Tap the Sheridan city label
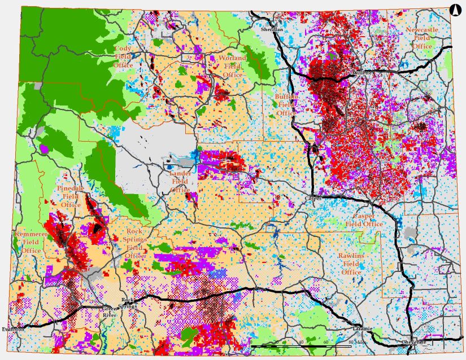tap(271, 28)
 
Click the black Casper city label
tap(313, 199)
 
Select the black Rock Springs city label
tap(129, 303)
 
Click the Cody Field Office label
tap(123, 57)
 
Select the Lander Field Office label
tap(180, 182)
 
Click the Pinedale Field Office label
tap(71, 196)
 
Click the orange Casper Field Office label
tap(368, 220)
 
